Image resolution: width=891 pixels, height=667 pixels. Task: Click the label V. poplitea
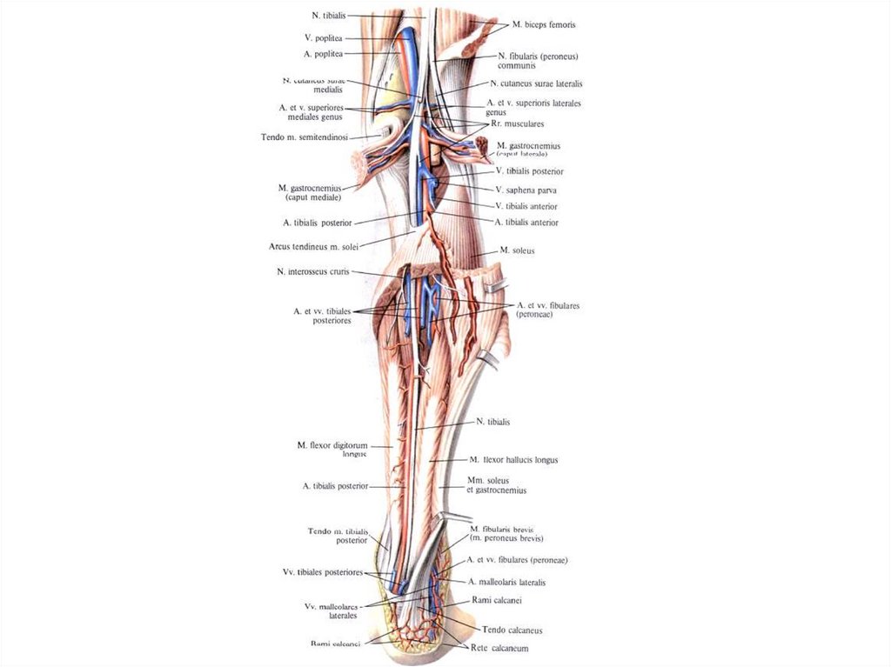[x=325, y=38]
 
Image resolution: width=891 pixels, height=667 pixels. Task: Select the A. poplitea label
[x=325, y=54]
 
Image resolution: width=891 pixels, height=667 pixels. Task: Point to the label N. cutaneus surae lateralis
[x=536, y=83]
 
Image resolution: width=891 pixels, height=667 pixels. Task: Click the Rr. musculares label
[x=518, y=123]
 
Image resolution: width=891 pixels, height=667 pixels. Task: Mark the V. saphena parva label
[x=526, y=189]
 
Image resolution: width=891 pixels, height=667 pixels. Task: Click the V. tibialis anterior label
[x=526, y=206]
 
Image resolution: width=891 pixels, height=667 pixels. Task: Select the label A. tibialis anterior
[x=526, y=223]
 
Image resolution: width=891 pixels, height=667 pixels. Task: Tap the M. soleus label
[x=517, y=250]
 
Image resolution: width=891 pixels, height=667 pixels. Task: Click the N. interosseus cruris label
[x=312, y=271]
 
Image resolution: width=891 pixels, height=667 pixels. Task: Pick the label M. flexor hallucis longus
[x=513, y=459]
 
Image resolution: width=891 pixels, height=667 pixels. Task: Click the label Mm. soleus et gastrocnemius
[x=496, y=485]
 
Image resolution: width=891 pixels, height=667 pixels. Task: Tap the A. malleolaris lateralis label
[x=506, y=582]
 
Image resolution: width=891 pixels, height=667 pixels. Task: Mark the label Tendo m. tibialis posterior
[x=338, y=535]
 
